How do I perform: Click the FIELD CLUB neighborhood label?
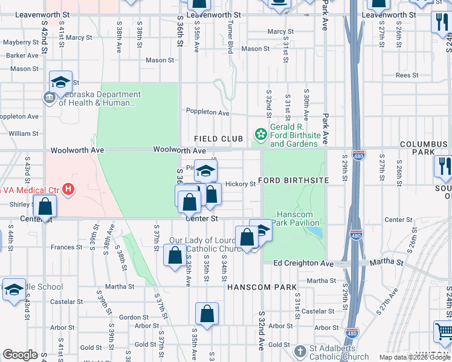(218, 139)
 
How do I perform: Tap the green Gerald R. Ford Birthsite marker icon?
(261, 134)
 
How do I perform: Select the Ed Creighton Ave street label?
(303, 264)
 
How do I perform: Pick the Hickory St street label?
(240, 184)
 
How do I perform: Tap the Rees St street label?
(407, 75)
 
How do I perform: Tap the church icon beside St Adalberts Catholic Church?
(299, 351)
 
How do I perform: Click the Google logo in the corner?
(20, 355)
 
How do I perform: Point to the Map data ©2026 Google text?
(415, 357)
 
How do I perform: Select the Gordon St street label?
(129, 317)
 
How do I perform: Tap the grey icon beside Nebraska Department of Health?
(49, 98)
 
